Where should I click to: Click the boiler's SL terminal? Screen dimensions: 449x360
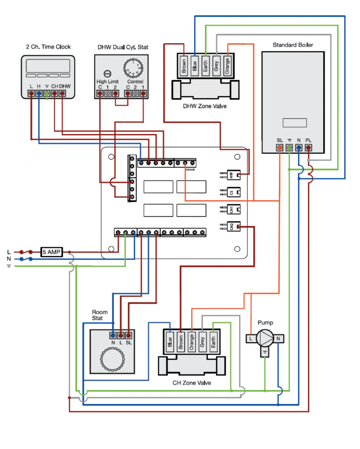[x=280, y=148]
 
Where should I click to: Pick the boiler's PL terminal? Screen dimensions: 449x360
[x=308, y=148]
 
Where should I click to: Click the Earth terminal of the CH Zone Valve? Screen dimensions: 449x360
[x=213, y=341]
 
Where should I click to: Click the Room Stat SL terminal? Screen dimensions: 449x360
[x=128, y=336]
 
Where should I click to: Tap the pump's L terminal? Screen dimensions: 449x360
[x=251, y=338]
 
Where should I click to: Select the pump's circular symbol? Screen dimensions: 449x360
[x=264, y=338]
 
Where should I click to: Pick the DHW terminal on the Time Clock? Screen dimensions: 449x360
[x=62, y=94]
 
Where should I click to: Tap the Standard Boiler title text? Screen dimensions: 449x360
[x=293, y=45]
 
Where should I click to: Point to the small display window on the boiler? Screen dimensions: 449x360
[x=294, y=123]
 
